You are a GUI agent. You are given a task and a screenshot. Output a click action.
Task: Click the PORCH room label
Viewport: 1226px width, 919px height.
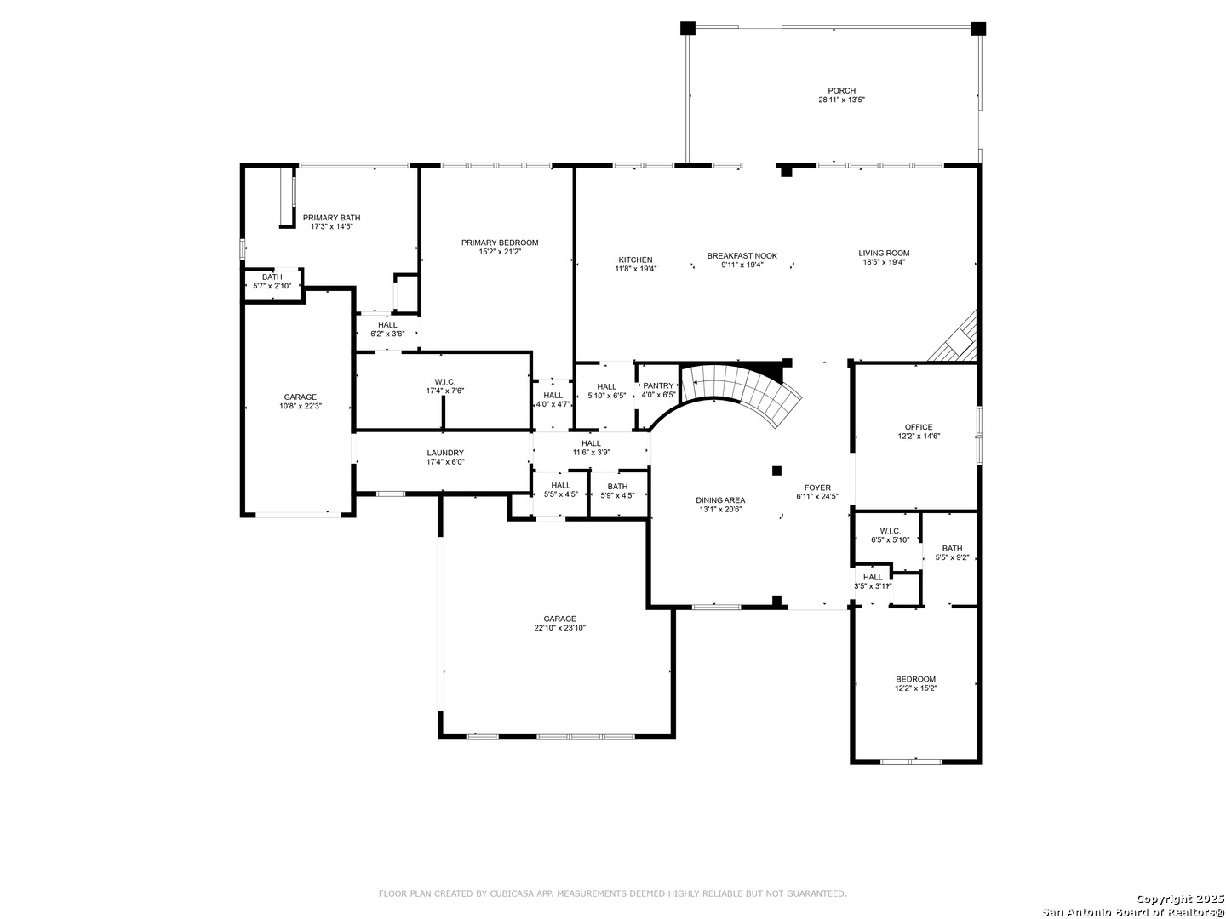(x=841, y=90)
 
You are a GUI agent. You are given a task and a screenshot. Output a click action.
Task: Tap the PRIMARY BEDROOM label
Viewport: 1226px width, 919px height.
(x=499, y=243)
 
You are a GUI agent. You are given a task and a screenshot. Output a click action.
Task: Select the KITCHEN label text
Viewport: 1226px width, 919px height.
(x=635, y=260)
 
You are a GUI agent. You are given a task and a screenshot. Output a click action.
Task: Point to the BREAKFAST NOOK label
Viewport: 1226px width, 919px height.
(x=742, y=255)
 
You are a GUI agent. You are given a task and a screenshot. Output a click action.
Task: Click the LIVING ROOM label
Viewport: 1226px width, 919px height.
(x=884, y=253)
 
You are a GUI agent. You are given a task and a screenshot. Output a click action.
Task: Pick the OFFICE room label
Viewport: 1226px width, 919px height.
(x=919, y=427)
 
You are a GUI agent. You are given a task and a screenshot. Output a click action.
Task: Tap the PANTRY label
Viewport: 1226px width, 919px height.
(x=658, y=385)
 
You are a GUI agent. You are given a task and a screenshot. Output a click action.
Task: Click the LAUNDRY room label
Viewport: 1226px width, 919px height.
(x=445, y=453)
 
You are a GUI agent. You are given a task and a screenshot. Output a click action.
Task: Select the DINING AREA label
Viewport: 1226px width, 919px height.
(x=720, y=500)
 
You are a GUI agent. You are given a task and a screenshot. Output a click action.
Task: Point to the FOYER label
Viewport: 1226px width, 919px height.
(x=817, y=487)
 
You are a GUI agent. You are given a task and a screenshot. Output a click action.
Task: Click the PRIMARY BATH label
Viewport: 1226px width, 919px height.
(x=331, y=218)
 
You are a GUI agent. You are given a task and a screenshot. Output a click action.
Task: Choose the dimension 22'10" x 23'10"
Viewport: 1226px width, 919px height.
(x=559, y=628)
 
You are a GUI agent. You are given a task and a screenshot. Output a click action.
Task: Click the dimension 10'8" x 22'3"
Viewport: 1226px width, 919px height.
(x=301, y=406)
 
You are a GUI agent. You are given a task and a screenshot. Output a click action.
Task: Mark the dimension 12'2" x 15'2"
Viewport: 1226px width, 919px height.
(x=915, y=688)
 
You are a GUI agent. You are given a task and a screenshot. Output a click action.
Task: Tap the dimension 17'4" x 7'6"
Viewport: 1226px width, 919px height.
(x=445, y=391)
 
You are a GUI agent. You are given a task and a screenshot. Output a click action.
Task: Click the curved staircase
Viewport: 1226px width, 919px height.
(x=744, y=394)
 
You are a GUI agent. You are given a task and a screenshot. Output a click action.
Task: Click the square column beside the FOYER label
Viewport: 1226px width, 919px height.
(x=776, y=471)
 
